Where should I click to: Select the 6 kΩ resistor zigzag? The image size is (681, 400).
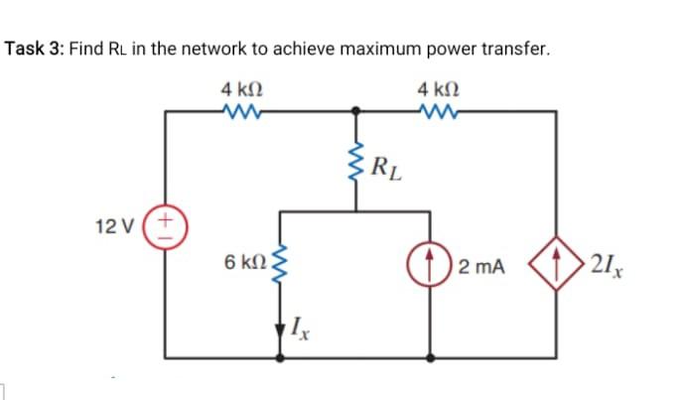279,263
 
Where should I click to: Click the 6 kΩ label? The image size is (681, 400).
244,263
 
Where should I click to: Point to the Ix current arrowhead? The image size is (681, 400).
279,321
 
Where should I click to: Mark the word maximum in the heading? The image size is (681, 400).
371,49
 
